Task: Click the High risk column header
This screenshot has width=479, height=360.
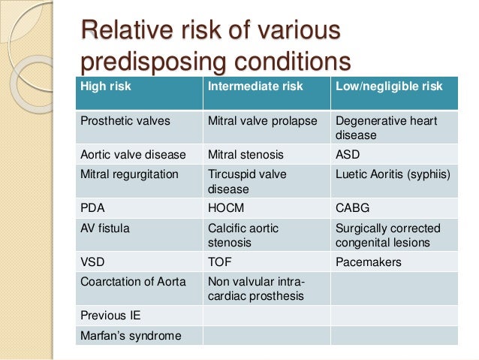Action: pos(106,86)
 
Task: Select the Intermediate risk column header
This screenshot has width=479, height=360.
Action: pos(255,86)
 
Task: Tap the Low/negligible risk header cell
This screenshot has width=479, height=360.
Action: pos(389,86)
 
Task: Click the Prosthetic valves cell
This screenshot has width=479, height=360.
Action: pos(116,120)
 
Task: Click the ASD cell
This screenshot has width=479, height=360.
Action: pos(348,155)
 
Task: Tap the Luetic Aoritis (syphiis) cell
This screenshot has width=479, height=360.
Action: pos(393,175)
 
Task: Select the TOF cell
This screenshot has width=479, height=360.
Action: pos(218,263)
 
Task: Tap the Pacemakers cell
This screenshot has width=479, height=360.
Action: pos(368,263)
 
